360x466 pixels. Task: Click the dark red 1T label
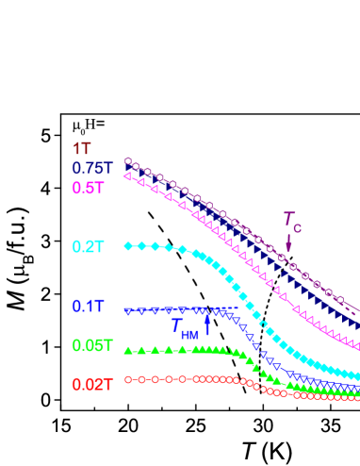click(x=82, y=148)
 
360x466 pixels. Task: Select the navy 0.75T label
click(x=92, y=168)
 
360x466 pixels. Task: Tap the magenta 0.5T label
click(x=89, y=188)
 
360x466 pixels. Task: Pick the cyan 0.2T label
click(x=89, y=246)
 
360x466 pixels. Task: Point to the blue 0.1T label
click(x=89, y=307)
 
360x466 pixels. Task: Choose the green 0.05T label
click(x=92, y=345)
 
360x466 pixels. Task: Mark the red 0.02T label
click(x=92, y=384)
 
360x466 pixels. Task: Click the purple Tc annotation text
click(x=292, y=220)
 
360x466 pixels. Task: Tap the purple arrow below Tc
click(x=289, y=242)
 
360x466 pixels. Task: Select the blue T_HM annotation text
click(x=184, y=327)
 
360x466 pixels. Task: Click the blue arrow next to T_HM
click(x=207, y=324)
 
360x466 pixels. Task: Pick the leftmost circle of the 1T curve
click(x=128, y=161)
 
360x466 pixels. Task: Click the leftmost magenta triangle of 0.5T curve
click(x=128, y=175)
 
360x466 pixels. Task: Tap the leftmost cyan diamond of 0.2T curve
click(x=128, y=246)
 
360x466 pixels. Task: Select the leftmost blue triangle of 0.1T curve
click(x=128, y=310)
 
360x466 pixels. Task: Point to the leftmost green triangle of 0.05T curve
click(x=128, y=351)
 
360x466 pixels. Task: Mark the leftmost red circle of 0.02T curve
click(x=128, y=380)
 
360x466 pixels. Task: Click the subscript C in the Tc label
click(x=298, y=227)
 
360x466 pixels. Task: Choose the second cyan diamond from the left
click(x=141, y=246)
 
